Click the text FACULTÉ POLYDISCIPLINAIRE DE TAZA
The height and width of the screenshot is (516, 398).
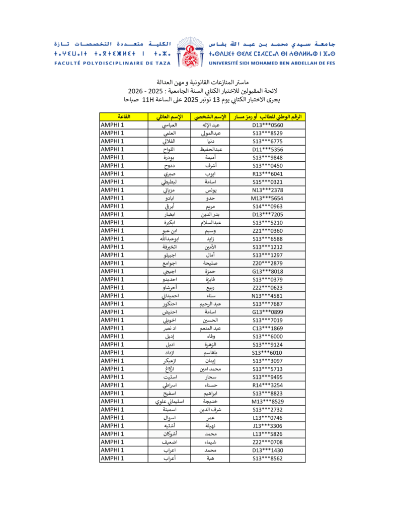112,63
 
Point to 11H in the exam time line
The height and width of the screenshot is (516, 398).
149,100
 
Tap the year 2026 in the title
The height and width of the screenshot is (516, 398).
135,91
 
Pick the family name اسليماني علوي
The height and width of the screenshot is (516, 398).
169,402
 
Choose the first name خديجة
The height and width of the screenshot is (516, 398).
209,402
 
